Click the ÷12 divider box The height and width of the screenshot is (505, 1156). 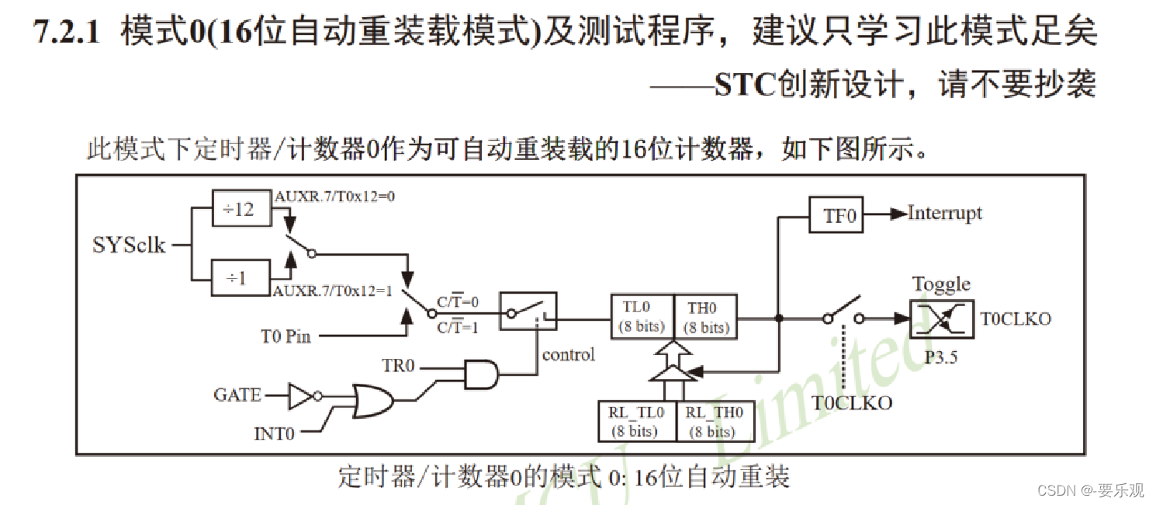(241, 209)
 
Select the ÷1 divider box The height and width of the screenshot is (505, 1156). (241, 277)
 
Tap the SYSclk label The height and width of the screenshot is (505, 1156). (129, 245)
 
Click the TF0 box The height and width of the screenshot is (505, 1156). (836, 214)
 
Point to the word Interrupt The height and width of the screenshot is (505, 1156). (945, 214)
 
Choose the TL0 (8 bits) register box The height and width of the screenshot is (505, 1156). (642, 317)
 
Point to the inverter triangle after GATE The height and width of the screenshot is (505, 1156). (301, 395)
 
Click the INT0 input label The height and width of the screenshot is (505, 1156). (274, 433)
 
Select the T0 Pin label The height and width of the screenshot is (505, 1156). (286, 336)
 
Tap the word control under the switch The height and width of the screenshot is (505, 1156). (569, 354)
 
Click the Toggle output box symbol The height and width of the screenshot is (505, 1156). (941, 319)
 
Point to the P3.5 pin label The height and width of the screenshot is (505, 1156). (941, 359)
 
